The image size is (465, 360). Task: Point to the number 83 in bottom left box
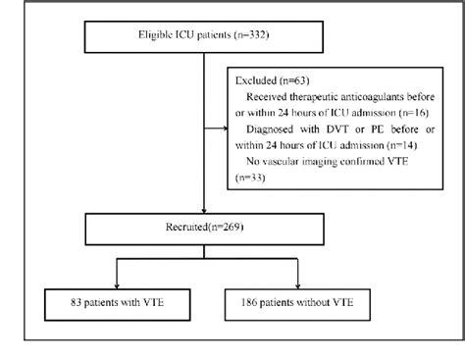56,301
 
